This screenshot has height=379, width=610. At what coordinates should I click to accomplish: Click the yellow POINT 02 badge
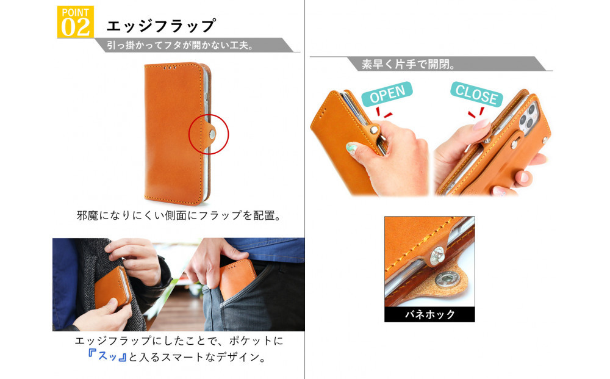pyautogui.click(x=76, y=23)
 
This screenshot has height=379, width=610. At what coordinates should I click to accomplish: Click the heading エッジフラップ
pyautogui.click(x=161, y=26)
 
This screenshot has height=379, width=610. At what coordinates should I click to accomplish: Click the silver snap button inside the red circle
pyautogui.click(x=212, y=132)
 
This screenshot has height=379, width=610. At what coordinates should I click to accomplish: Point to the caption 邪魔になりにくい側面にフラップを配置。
pyautogui.click(x=178, y=216)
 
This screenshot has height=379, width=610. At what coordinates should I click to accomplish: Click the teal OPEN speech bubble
pyautogui.click(x=387, y=95)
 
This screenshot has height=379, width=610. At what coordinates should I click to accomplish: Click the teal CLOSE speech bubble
pyautogui.click(x=477, y=95)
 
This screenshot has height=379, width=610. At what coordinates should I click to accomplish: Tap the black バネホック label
pyautogui.click(x=429, y=315)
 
